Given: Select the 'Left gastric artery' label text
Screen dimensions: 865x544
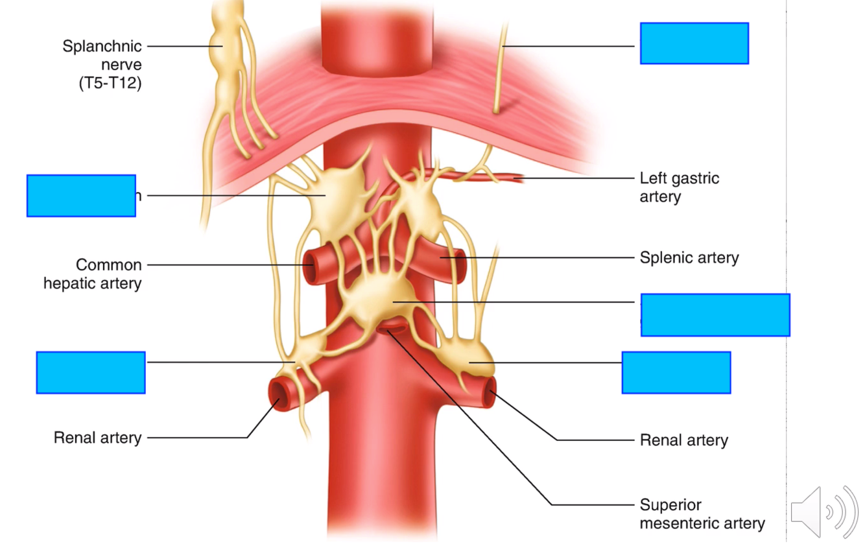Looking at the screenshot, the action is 679,187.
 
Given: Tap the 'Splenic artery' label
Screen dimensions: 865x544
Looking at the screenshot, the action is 689,258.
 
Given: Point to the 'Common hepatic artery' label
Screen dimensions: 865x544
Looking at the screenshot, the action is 93,274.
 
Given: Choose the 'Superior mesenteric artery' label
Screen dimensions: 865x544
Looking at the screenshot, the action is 702,514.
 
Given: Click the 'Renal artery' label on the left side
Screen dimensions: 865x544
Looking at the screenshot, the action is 97,438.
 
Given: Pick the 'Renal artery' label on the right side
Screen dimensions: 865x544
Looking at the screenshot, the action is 683,441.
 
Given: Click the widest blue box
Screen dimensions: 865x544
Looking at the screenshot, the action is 715,315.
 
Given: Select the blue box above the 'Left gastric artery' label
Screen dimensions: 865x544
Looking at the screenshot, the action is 694,43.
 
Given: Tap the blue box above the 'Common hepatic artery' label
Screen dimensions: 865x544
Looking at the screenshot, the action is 81,195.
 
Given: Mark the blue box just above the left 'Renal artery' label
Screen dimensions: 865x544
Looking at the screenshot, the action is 91,372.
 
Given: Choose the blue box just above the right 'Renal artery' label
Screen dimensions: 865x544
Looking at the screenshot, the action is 676,372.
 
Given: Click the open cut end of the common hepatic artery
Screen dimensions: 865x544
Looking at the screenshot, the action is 310,265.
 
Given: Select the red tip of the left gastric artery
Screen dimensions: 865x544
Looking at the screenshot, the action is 519,178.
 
